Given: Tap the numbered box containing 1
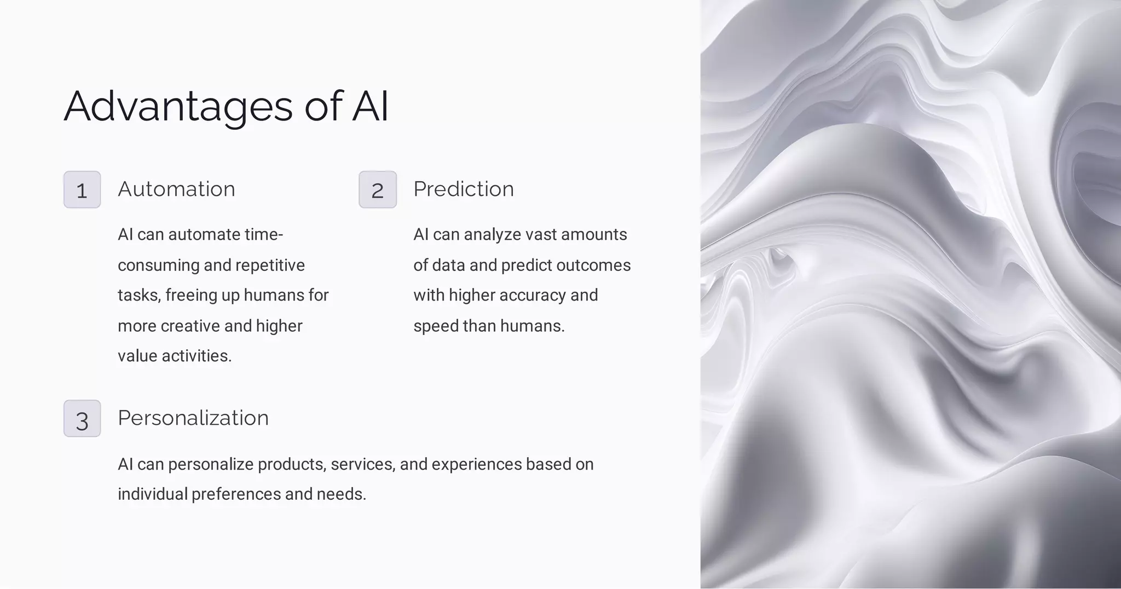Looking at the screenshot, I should tap(82, 189).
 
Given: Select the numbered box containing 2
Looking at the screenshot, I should tap(378, 189).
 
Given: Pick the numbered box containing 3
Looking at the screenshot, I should tap(82, 419).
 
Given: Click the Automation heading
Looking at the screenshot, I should tap(176, 189).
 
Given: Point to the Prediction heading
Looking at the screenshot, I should tap(464, 189).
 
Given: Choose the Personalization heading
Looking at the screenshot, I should tap(193, 418).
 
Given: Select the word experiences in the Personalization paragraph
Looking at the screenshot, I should tap(476, 464).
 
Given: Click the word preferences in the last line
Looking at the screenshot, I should tap(236, 494).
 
